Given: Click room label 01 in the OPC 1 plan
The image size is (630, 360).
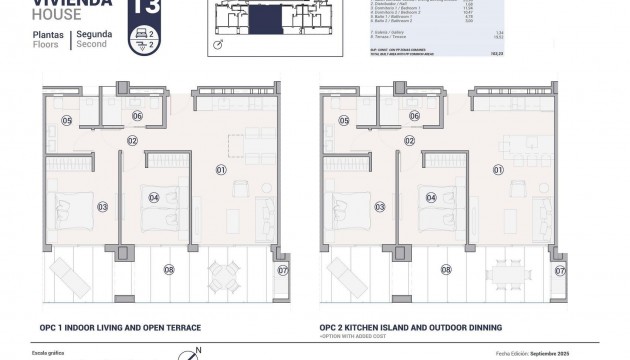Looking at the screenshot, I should pos(221,170).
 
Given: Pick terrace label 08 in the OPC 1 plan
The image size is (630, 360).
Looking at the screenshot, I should pos(168,269).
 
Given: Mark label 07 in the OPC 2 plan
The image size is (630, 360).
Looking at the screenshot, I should pos(559,270).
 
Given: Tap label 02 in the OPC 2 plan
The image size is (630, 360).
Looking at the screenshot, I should pos(410,141).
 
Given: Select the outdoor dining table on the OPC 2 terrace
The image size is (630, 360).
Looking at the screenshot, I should pos(502,271).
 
